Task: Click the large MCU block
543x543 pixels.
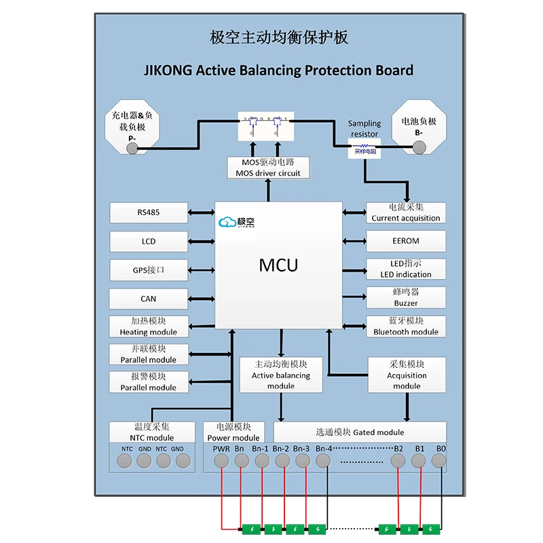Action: tap(278, 265)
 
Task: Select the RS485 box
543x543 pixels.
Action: tap(149, 212)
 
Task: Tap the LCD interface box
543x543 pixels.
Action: tap(149, 241)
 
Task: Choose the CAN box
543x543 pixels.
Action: tap(149, 299)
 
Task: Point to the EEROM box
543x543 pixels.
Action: tap(406, 241)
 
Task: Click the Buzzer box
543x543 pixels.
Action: tap(406, 297)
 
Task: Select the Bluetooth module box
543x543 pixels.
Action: tap(406, 326)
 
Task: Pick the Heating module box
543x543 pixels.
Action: tap(149, 326)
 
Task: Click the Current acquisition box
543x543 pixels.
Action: tap(406, 212)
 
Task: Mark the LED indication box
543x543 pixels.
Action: tap(406, 269)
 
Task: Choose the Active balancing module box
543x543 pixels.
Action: tap(280, 375)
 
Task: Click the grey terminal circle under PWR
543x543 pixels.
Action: tap(221, 461)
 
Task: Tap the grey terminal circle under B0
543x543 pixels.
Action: tap(440, 461)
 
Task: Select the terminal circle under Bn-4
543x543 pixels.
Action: tap(323, 461)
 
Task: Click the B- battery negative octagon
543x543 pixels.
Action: tap(419, 129)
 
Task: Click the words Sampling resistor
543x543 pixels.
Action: tap(364, 129)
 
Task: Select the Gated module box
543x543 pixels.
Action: tap(360, 432)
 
